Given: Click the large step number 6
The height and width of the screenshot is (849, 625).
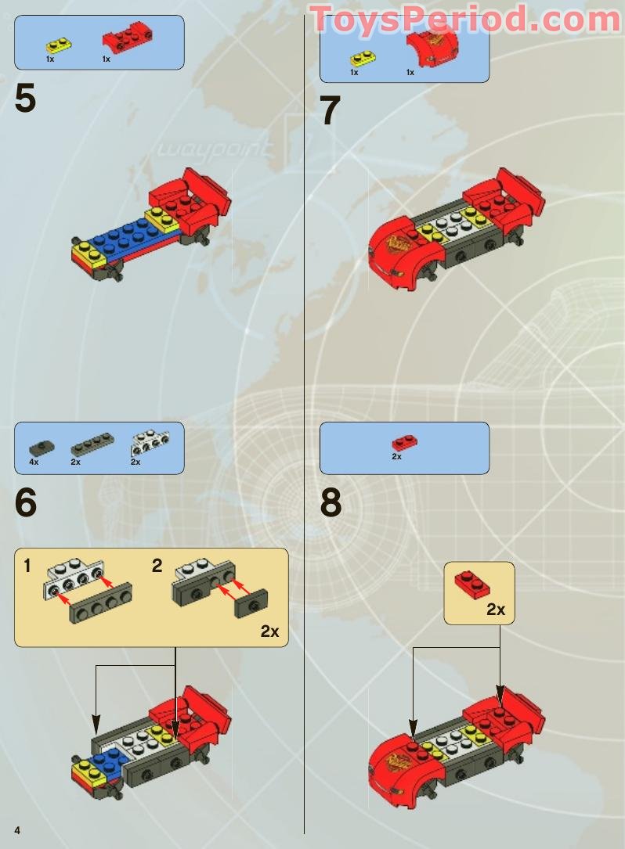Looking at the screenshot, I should (x=25, y=502).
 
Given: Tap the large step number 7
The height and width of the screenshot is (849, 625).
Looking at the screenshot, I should (x=331, y=111).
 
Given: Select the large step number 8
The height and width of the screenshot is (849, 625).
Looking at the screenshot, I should (x=331, y=502).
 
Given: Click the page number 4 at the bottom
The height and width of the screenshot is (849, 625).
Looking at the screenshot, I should (x=16, y=829).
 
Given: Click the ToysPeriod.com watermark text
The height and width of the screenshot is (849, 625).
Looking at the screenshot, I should (x=465, y=19).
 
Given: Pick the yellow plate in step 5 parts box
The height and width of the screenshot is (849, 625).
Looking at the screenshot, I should (x=54, y=45).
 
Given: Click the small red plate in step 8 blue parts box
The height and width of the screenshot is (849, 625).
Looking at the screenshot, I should (x=404, y=442).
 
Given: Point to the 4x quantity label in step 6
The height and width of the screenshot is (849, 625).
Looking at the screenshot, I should (x=34, y=462).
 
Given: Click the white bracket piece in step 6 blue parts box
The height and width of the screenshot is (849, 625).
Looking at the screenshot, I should (x=146, y=444).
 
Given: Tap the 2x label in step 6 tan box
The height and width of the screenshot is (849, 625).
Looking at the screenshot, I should (x=269, y=631).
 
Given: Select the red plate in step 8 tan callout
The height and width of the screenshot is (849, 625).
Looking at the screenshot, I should (x=473, y=582).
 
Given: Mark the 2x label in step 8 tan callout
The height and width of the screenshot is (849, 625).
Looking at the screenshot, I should (x=495, y=610).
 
